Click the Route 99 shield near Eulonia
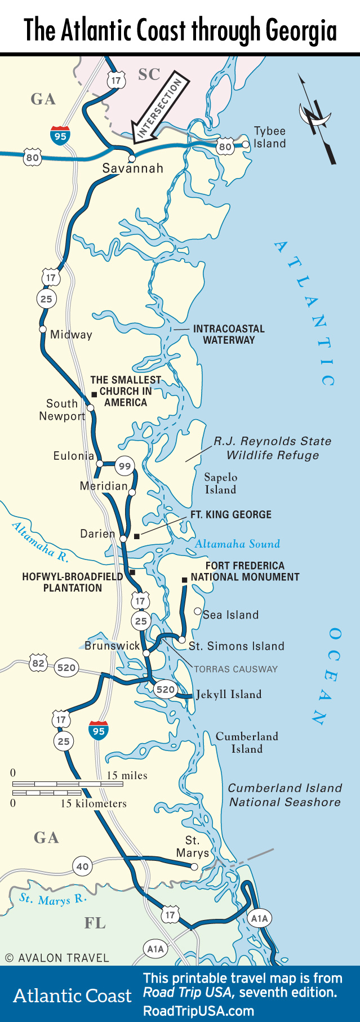click(125, 466)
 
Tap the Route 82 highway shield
click(38, 663)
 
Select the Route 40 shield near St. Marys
click(82, 867)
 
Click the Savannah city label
click(132, 168)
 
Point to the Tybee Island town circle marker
click(245, 145)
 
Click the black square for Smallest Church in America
click(94, 394)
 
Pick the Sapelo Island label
click(220, 483)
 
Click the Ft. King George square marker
click(136, 536)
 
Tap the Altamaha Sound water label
click(237, 544)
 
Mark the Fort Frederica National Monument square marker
click(184, 580)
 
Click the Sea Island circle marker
click(197, 611)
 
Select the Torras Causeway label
click(235, 669)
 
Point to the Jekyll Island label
click(228, 694)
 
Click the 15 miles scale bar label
click(127, 776)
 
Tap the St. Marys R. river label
click(53, 899)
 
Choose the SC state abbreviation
click(149, 74)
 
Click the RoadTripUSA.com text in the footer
click(198, 1011)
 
